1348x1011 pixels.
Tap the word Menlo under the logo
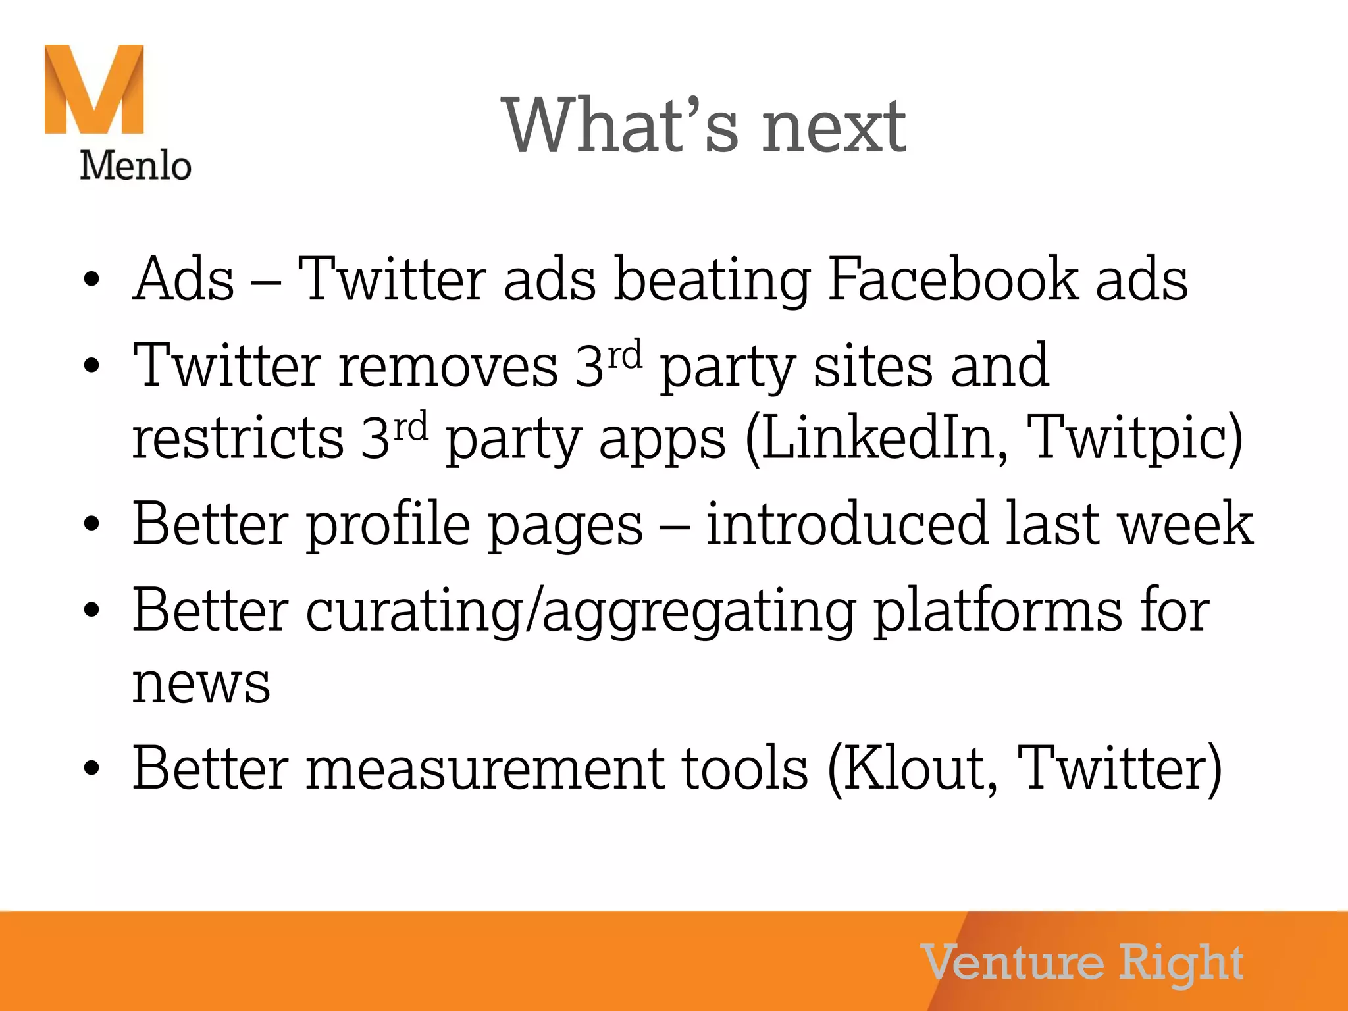[136, 165]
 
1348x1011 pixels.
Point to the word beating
[712, 282]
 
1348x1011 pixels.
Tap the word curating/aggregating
[581, 611]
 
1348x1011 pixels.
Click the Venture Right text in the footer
[1082, 963]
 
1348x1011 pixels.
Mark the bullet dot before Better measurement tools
[91, 768]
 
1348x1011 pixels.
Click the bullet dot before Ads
[91, 280]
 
